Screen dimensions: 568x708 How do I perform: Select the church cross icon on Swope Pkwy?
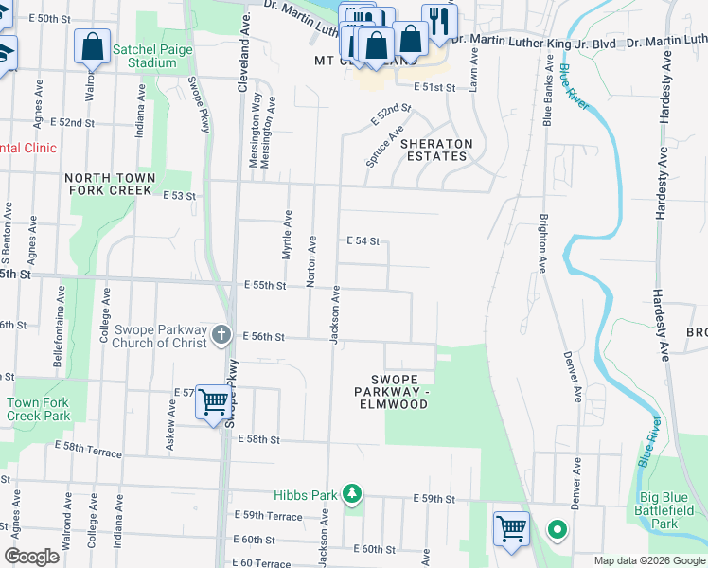221,333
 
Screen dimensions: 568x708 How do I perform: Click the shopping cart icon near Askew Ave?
213,402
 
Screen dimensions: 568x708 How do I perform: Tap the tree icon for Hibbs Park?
351,494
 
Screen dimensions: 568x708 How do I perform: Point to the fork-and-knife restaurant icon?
439,22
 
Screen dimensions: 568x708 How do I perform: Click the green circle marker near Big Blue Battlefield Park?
558,529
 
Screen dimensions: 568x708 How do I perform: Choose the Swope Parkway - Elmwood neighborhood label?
392,391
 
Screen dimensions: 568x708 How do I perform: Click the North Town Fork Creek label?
108,184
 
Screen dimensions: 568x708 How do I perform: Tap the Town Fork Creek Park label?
38,409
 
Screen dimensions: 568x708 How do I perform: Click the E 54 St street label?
363,241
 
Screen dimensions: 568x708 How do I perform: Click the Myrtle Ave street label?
286,235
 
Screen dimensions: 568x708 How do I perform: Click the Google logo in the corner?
31,557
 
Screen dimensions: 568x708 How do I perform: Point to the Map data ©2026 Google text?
648,560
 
